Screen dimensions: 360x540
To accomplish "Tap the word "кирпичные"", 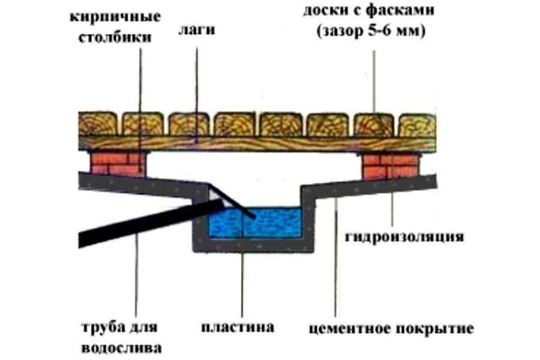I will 113,17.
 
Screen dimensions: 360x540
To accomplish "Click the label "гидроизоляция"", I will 404,236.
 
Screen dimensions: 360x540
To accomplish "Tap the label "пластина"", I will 238,327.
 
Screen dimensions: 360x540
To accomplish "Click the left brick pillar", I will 118,163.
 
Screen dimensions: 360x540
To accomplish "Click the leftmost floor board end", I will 98,124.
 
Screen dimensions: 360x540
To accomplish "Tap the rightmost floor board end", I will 416,124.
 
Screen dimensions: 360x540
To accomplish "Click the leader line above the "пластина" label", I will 242,282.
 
